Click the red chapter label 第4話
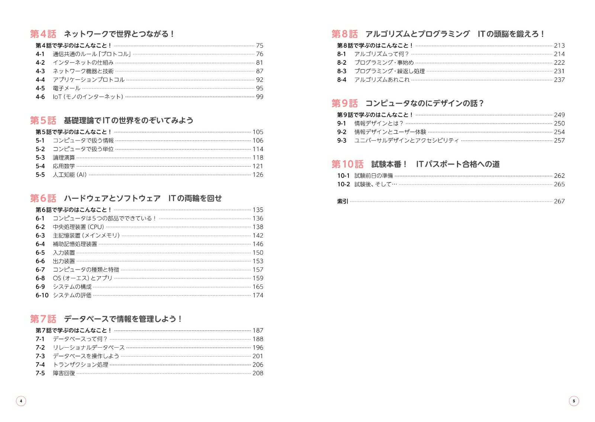(x=43, y=34)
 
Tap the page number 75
(x=260, y=45)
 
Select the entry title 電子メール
(x=67, y=88)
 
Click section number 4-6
(x=40, y=97)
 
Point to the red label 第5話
(x=43, y=120)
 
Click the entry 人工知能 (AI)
(x=70, y=175)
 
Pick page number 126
(x=258, y=175)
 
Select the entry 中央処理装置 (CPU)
(x=78, y=227)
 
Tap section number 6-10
(x=42, y=295)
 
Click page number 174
(x=258, y=295)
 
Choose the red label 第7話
(x=43, y=319)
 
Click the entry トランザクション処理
(x=80, y=365)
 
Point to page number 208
(x=258, y=373)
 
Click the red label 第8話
(x=345, y=34)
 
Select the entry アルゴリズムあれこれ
(x=382, y=80)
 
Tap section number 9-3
(x=342, y=141)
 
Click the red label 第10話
(x=347, y=164)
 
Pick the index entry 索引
(x=342, y=201)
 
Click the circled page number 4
(x=21, y=401)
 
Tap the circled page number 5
(x=574, y=401)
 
